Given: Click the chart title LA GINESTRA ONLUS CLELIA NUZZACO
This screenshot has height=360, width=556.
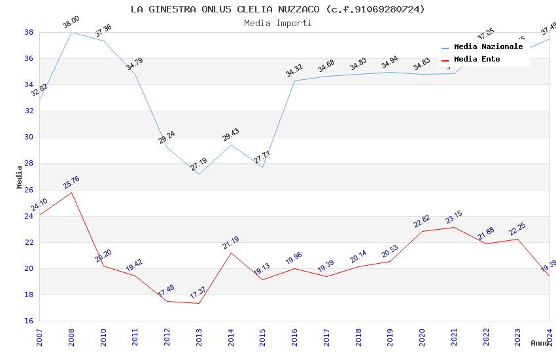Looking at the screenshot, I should pyautogui.click(x=277, y=9).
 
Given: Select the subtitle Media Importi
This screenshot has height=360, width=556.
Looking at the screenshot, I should pyautogui.click(x=277, y=23).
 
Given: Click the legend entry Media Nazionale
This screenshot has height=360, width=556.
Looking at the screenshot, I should pyautogui.click(x=488, y=47).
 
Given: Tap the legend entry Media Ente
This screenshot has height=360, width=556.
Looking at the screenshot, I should pyautogui.click(x=477, y=60).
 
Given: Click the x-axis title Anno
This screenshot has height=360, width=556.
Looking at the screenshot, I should pyautogui.click(x=540, y=343).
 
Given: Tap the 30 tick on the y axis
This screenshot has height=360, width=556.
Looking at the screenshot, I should pyautogui.click(x=29, y=137).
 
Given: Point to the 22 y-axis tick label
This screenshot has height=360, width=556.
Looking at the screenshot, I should pyautogui.click(x=29, y=242).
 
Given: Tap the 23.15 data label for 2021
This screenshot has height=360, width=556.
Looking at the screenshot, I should pyautogui.click(x=455, y=217).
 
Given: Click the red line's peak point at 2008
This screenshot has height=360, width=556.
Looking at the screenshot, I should pyautogui.click(x=71, y=192).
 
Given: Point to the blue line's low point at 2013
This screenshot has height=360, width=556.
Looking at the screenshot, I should pyautogui.click(x=199, y=174).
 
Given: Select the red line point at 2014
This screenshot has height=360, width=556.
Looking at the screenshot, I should pyautogui.click(x=231, y=253).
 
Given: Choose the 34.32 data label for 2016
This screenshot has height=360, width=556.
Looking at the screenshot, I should pyautogui.click(x=294, y=71).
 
